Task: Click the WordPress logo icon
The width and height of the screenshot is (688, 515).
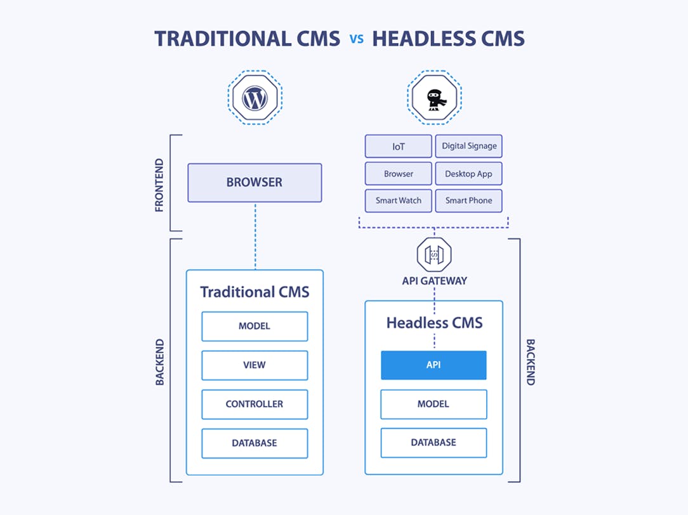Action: pos(255,98)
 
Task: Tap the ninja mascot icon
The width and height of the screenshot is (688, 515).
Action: pos(434,98)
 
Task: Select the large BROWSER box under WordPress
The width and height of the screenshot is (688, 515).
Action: pos(255,183)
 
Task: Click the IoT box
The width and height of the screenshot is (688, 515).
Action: pos(398,147)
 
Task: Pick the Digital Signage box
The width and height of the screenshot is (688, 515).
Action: pos(469,147)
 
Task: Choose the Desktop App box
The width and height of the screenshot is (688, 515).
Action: pos(468,174)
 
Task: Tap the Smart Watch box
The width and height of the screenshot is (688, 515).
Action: pos(398,200)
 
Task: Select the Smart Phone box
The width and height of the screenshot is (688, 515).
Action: pos(468,200)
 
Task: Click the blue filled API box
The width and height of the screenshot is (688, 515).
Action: pos(433,365)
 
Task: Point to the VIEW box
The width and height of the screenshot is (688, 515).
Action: pos(255,365)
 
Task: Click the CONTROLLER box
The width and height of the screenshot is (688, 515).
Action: pos(255,404)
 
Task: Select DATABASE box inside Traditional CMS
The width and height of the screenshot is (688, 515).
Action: pos(255,443)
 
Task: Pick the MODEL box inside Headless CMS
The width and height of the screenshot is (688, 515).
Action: pos(433,404)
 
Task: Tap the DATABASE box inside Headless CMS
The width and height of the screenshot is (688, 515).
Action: pos(433,443)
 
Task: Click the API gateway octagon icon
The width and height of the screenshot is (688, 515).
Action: pos(434,255)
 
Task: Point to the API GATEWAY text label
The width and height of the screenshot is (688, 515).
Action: pos(434,281)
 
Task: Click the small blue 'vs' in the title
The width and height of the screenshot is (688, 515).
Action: pos(356,39)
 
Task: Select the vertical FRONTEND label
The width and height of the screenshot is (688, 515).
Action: pos(159,185)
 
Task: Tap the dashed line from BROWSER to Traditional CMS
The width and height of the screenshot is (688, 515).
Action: pos(255,236)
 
